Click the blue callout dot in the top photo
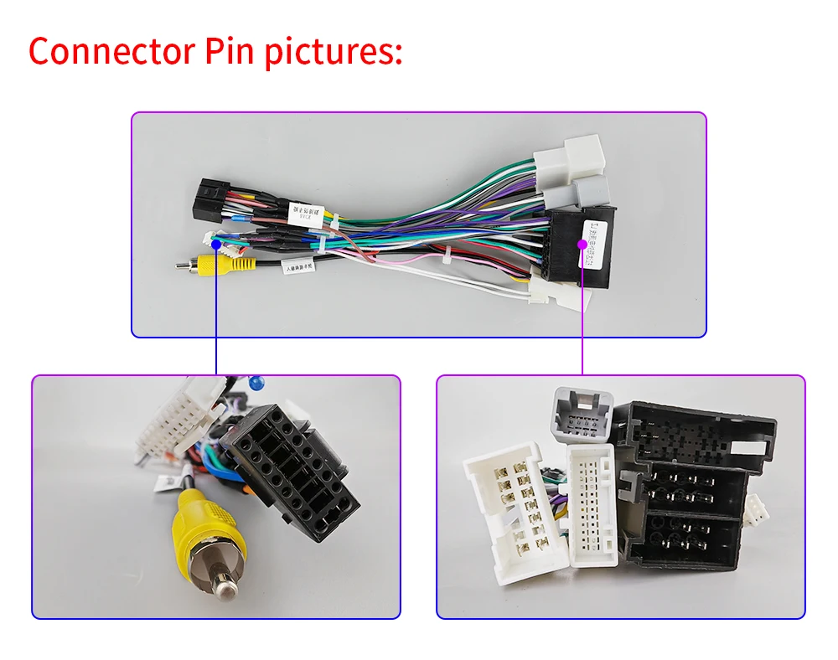pyautogui.click(x=216, y=244)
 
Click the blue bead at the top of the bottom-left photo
pyautogui.click(x=256, y=382)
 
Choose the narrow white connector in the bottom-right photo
pyautogui.click(x=592, y=503)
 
